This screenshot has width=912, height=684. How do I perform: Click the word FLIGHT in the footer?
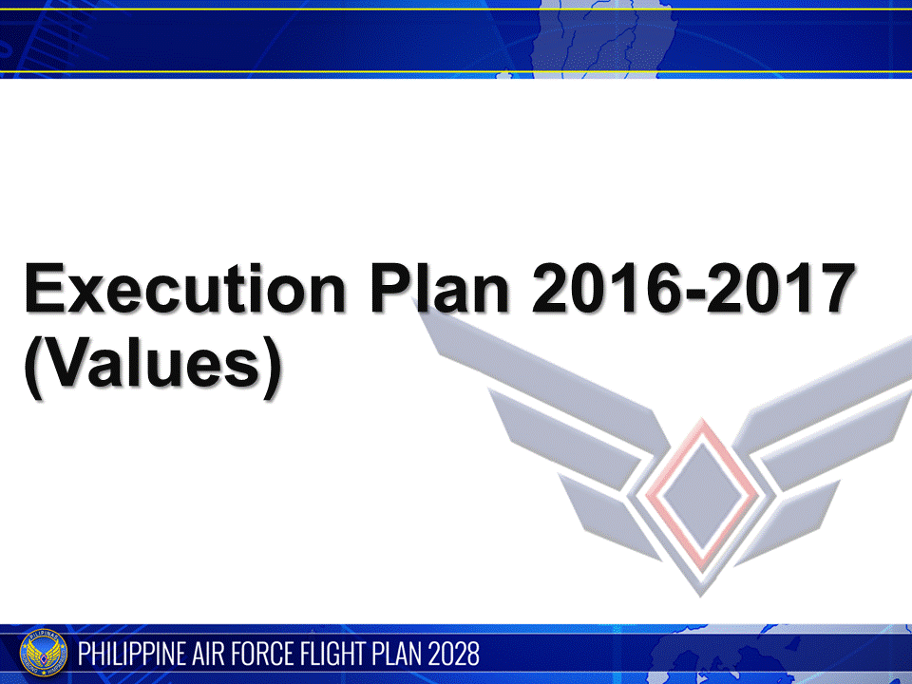tap(336, 655)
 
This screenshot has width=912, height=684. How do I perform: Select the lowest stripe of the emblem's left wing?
tap(608, 513)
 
